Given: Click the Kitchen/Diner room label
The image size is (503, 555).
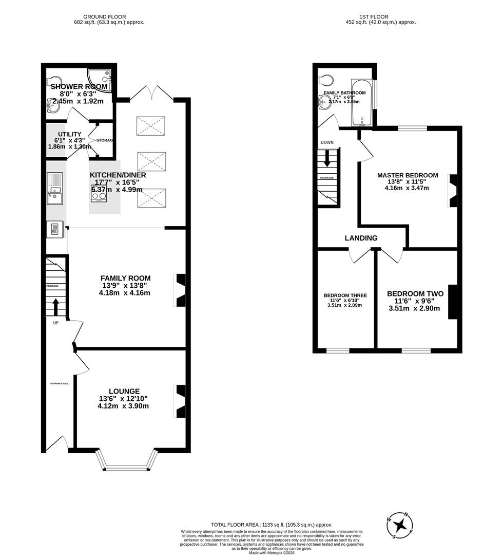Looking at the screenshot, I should point(118,175).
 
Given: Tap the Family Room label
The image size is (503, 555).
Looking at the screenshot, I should point(125,279).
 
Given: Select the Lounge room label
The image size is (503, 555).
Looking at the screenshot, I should point(124,391).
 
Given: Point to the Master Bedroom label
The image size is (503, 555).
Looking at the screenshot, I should point(408,175).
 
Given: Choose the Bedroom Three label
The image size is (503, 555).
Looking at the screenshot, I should point(345,295).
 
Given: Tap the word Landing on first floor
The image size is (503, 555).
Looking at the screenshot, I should point(361,238).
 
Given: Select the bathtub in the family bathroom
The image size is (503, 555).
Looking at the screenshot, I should point(362,102).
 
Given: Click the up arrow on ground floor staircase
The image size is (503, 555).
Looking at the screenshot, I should point(55,307).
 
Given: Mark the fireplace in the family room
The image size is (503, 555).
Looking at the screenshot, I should point(181,290).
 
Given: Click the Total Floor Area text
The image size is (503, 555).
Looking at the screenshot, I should point(272,525).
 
